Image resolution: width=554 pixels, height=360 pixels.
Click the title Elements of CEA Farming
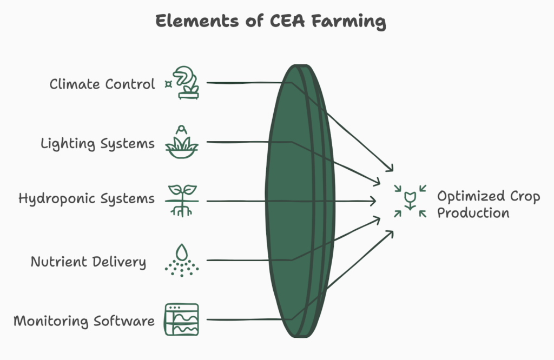point(271,22)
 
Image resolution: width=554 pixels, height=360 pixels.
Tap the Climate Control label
point(102,85)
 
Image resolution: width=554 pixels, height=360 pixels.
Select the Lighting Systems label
point(97,144)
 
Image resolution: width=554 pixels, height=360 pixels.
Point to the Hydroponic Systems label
point(87,199)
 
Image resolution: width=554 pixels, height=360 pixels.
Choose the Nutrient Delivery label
point(88,262)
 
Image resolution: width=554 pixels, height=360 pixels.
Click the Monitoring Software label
point(84,321)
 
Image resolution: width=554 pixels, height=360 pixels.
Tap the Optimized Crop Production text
point(488,204)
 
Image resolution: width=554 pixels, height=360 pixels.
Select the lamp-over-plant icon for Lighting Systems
point(181,142)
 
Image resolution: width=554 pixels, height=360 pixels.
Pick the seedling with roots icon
point(181,200)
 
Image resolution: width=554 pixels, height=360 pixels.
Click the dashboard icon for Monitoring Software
point(181,319)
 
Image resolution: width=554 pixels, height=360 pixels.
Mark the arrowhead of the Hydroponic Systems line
point(373,201)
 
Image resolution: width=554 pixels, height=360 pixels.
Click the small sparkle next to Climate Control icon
point(168,84)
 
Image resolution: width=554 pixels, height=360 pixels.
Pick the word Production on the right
point(473,213)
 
